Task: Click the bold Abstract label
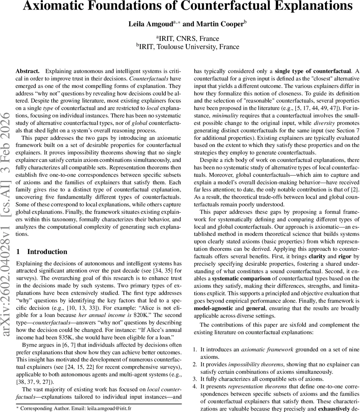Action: tap(27, 71)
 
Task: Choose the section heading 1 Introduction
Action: tap(42, 252)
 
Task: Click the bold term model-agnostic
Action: tap(214, 308)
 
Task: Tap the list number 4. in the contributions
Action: tap(195, 387)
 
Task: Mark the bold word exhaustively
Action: tap(335, 409)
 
